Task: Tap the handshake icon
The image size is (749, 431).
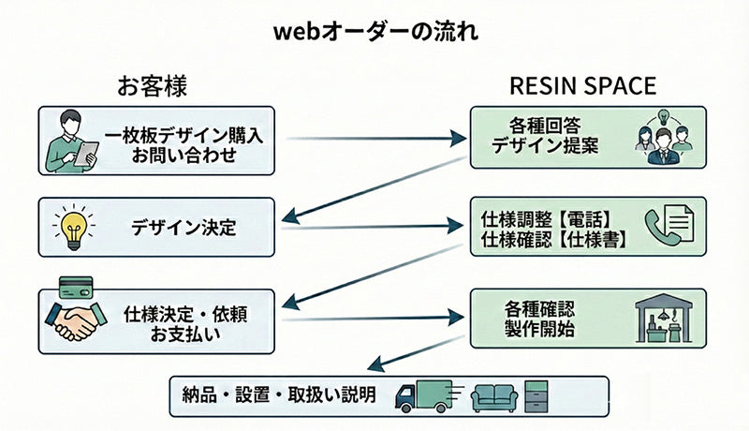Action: [x=75, y=320]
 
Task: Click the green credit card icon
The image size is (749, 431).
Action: [x=73, y=283]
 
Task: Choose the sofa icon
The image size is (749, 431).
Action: [x=494, y=398]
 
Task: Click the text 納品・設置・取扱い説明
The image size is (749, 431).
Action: [x=279, y=395]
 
